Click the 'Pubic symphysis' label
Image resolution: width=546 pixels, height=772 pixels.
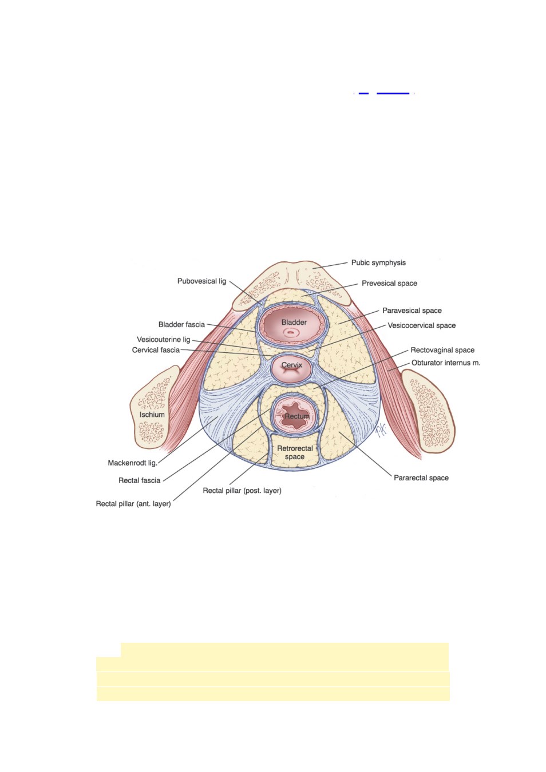coord(378,262)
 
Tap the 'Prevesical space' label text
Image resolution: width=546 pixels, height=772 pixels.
coord(389,283)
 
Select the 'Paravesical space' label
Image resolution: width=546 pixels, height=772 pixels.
coord(412,311)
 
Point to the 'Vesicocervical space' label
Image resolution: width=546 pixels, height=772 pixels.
coord(421,325)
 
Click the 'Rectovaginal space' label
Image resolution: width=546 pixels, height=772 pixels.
coord(442,350)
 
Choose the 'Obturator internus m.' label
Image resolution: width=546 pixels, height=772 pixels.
coord(446,363)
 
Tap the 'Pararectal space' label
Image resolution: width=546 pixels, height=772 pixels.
coord(421,477)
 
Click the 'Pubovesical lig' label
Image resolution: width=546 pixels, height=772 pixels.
coord(202,281)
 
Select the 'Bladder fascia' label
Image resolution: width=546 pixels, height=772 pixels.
coord(181,324)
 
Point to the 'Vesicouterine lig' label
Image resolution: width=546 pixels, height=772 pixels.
coord(164,340)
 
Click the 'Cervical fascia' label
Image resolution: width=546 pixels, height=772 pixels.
coord(156,350)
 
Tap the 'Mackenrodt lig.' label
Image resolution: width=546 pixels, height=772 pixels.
coord(133,463)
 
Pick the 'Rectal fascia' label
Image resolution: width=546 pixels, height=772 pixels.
coord(139,480)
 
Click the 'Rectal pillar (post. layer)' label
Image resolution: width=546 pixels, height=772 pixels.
coord(242,491)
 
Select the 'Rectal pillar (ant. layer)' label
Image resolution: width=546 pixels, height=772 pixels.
coord(133,504)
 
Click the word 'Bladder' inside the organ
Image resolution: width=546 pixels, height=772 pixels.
coord(294,323)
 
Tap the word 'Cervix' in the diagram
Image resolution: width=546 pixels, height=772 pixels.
coord(292,365)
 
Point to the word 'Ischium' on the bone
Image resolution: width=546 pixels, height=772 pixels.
coord(152,415)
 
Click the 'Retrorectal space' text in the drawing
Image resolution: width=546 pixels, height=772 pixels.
coord(295,452)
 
